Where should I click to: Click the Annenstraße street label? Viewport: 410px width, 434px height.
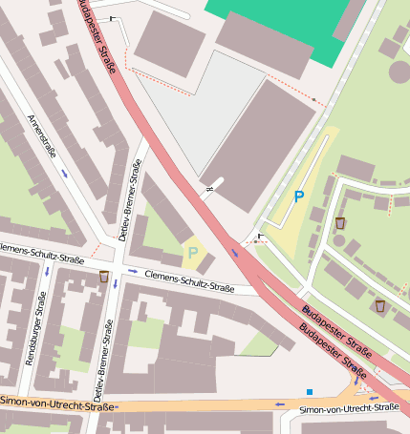(43, 137)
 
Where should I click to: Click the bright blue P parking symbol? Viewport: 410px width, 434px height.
(298, 196)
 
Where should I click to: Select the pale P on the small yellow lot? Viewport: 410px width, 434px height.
(193, 253)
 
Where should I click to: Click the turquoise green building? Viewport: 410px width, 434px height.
(276, 23)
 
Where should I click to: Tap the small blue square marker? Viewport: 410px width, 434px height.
(310, 391)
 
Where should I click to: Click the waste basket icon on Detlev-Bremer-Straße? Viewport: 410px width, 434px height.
(104, 277)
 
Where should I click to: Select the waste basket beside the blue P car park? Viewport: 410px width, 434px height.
(340, 222)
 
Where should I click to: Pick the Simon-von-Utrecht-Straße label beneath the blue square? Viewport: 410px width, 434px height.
(348, 408)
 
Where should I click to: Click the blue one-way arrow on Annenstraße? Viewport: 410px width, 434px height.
(64, 173)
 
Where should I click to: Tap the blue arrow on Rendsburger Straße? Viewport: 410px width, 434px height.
(47, 272)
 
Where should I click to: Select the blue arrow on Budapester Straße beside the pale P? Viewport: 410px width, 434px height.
(235, 253)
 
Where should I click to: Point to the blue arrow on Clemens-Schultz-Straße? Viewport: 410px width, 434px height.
(133, 272)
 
